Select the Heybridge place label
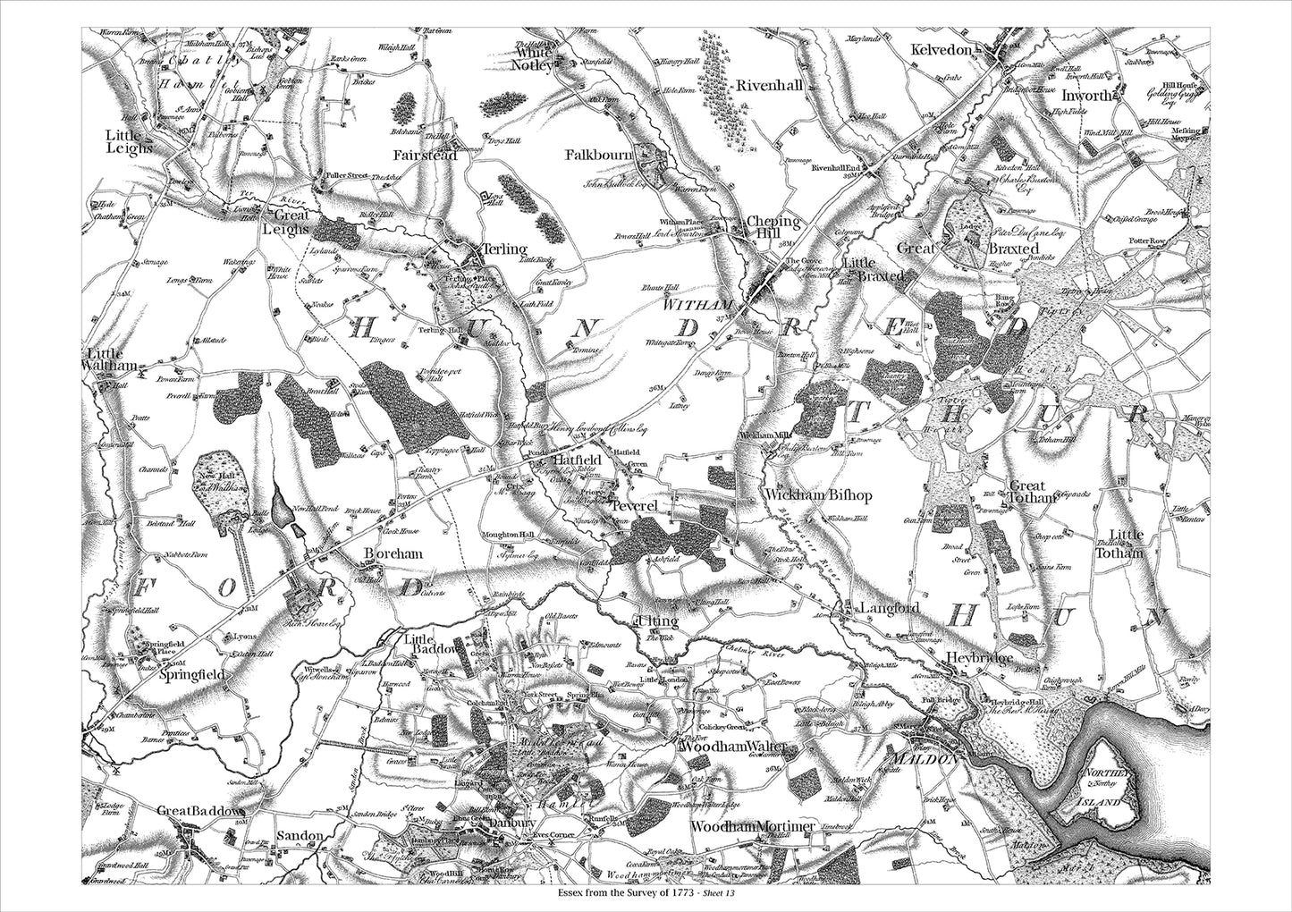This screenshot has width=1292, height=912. coord(979,658)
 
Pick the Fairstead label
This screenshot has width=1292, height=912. coord(426,156)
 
